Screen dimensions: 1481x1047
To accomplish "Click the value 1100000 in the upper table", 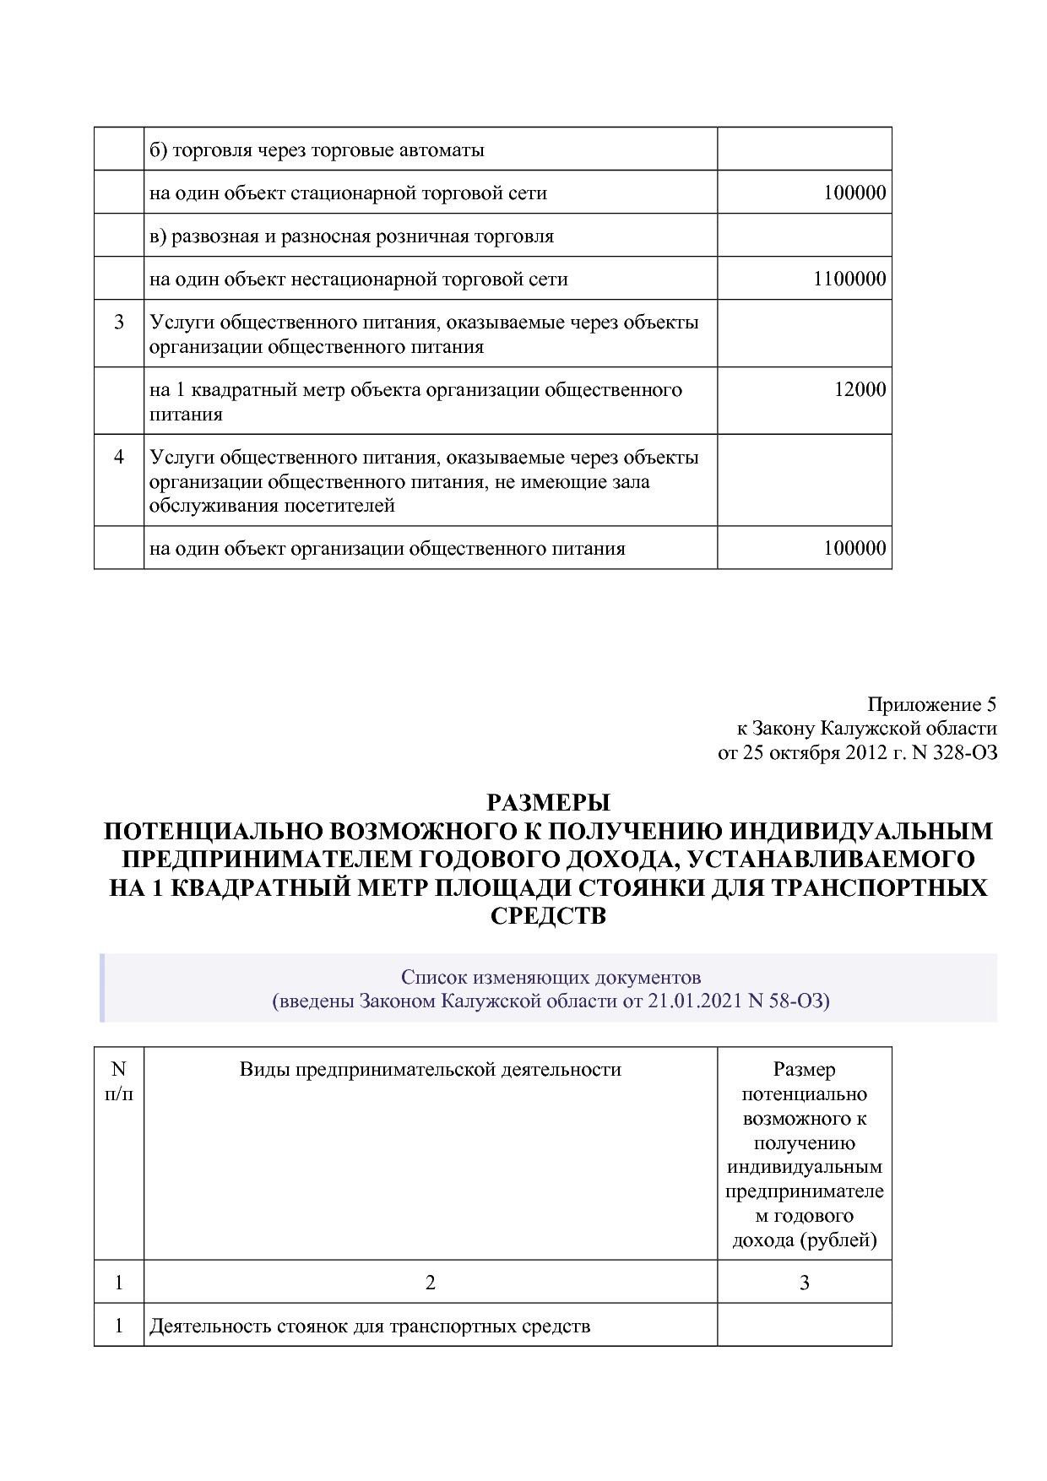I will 849,279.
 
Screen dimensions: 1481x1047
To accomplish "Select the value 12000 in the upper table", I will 860,389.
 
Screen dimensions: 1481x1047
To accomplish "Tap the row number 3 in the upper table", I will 119,322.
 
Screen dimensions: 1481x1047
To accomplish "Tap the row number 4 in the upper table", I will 119,457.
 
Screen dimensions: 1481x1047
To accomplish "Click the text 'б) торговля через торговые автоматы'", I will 317,150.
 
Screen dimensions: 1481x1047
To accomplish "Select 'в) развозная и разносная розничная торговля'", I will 351,236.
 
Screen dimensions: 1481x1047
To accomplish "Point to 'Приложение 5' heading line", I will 931,704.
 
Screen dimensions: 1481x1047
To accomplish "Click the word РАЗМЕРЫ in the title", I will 548,801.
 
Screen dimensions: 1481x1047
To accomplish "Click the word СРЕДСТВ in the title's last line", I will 548,916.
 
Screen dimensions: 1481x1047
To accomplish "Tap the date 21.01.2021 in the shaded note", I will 695,1001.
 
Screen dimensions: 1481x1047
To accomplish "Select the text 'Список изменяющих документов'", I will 551,978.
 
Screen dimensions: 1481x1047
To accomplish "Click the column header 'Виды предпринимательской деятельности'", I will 430,1070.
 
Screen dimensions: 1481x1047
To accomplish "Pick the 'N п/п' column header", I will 119,1082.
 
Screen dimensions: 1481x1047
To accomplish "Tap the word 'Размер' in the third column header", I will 804,1070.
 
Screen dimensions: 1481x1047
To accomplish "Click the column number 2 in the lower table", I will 430,1283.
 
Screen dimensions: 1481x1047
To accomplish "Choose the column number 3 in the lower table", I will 804,1283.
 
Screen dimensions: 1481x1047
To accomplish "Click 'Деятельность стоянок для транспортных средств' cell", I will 370,1326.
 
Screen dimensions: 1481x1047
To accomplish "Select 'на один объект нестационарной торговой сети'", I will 358,279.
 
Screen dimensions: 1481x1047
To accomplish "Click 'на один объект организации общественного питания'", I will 387,549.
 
